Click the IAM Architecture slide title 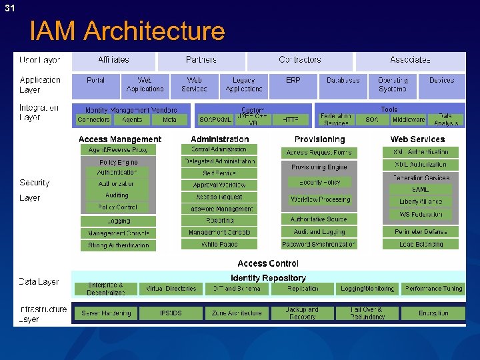(x=127, y=31)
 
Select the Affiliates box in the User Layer (x=113, y=60)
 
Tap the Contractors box (x=299, y=60)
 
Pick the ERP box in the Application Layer (x=293, y=81)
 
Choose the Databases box (x=343, y=81)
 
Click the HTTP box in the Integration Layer (x=291, y=120)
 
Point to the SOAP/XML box (x=216, y=120)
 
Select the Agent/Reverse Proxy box (x=118, y=150)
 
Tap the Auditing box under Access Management (x=117, y=195)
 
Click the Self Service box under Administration (x=219, y=173)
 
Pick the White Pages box (x=219, y=245)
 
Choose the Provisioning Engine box (x=319, y=167)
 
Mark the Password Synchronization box (x=319, y=245)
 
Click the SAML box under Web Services (x=421, y=190)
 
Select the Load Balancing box (x=421, y=245)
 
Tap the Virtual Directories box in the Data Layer (x=171, y=289)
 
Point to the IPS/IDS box (x=171, y=313)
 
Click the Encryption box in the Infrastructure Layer (x=433, y=313)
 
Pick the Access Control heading (x=268, y=264)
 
